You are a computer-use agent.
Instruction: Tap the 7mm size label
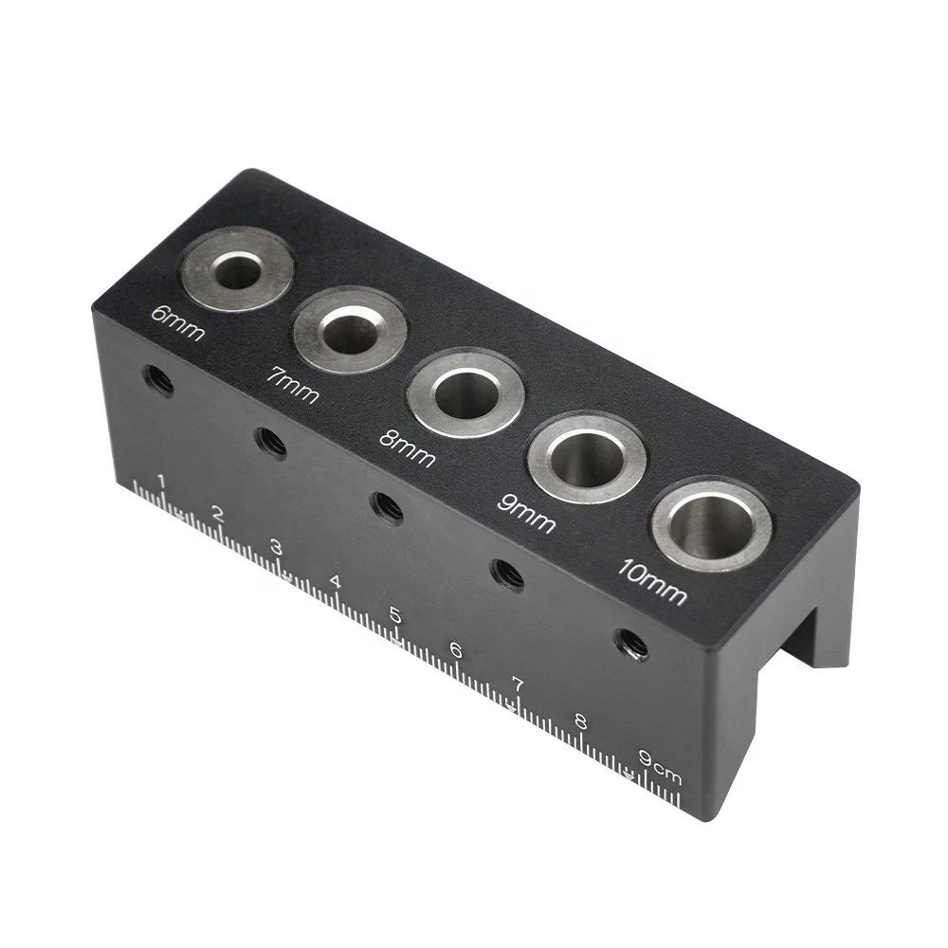pos(292,385)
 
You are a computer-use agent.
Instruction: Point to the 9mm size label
pos(526,513)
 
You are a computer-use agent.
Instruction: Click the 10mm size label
pos(652,580)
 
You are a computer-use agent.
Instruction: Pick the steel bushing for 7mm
pos(351,332)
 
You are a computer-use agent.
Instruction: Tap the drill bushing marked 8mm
pos(465,392)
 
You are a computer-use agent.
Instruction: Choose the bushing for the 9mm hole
pos(587,459)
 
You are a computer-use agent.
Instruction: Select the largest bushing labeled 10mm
pos(711,525)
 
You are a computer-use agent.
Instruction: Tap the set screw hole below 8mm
pos(387,507)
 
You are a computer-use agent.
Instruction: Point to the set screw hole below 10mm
pos(631,646)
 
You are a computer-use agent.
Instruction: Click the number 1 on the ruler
pos(162,482)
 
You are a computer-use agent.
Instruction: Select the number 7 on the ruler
pos(518,684)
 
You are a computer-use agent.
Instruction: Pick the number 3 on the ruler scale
pos(276,548)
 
